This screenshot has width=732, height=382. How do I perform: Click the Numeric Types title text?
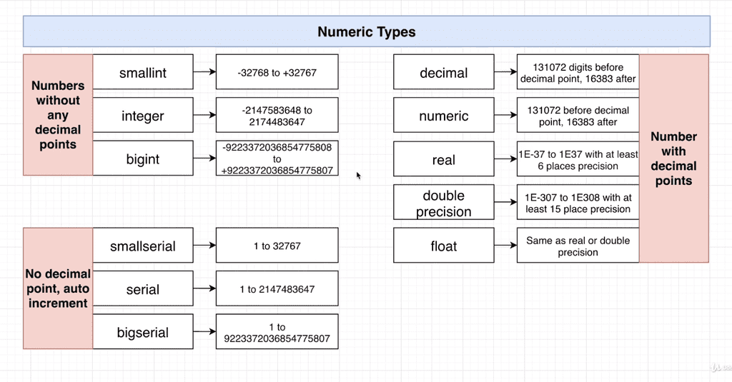click(366, 32)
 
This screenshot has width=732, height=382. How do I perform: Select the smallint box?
click(143, 72)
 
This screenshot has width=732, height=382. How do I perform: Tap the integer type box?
click(143, 116)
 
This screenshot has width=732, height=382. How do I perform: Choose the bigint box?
click(143, 159)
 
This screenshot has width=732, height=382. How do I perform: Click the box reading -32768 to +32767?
click(277, 72)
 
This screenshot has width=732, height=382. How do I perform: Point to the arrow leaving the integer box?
click(204, 116)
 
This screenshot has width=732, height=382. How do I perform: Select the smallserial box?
click(143, 246)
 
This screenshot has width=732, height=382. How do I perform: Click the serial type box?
click(143, 289)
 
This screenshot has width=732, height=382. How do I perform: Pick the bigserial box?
click(143, 332)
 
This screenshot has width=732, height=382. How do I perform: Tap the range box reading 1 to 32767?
click(277, 246)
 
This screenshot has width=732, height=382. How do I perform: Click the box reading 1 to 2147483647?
click(277, 289)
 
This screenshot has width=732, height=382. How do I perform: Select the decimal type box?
click(443, 73)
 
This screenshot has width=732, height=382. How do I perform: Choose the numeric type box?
click(443, 116)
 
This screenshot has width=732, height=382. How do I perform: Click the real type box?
click(443, 159)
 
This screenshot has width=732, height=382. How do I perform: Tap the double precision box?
click(443, 203)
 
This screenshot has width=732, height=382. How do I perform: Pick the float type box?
click(443, 246)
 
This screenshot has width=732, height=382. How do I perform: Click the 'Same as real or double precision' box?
click(578, 246)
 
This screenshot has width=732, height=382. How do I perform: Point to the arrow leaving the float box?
click(505, 246)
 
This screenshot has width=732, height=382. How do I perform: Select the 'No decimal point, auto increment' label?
click(58, 288)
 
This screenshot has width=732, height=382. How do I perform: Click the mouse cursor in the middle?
click(359, 175)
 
